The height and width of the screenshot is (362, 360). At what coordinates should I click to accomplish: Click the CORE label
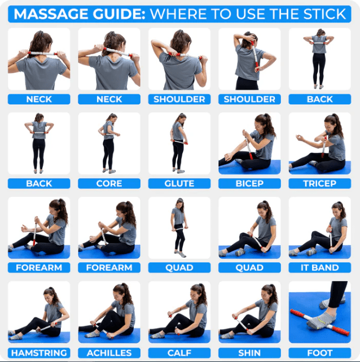point(109,183)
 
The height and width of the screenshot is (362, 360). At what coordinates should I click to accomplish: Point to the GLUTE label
point(179,183)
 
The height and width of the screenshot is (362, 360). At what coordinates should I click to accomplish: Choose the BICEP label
point(249,183)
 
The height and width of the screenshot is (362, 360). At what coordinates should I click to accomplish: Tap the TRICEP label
point(319,183)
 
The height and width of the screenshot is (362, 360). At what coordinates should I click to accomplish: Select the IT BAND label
point(319,268)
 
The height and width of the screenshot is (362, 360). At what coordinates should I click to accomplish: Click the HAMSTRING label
point(39,352)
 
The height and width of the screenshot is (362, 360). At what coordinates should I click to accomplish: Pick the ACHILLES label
point(109,352)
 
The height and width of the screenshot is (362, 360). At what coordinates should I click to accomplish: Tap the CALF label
point(179,352)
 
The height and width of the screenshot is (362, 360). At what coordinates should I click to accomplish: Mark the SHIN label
point(249,352)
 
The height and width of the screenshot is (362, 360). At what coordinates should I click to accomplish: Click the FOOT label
point(319,352)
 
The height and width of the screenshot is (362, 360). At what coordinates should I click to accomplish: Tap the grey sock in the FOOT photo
point(322,319)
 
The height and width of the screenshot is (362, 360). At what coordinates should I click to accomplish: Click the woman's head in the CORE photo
point(111,118)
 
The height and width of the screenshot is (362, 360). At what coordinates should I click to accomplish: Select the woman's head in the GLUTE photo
point(181,118)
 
